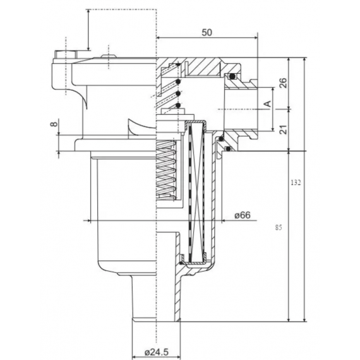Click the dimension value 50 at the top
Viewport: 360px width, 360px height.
207,32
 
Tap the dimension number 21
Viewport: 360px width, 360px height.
282,130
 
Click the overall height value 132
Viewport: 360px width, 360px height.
296,183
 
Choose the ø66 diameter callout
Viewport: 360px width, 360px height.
243,215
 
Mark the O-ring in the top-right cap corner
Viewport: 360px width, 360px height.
232,76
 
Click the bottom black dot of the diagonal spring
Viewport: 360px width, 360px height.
179,104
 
